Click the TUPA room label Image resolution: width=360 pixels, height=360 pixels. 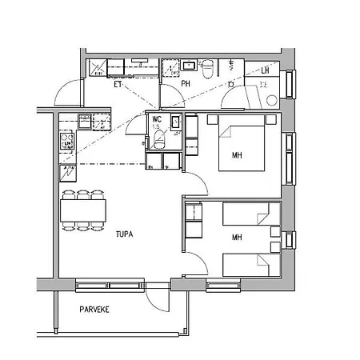tap(122, 234)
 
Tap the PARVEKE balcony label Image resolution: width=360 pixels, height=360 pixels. tap(94, 309)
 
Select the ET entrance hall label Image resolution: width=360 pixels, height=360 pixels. tap(118, 82)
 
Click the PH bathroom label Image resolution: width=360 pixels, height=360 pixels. tap(185, 83)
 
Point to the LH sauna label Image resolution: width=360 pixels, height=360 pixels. tap(265, 70)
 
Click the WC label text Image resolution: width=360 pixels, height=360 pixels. tap(158, 119)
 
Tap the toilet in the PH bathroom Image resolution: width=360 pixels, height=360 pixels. tap(207, 69)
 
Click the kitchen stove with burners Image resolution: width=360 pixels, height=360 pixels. tap(66, 142)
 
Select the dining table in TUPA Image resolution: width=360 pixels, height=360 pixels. tap(83, 210)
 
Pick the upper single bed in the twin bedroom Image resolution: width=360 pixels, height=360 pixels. tap(250, 214)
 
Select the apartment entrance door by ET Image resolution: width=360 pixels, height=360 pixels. tap(67, 94)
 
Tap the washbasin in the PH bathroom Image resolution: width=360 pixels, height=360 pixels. tap(190, 65)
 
